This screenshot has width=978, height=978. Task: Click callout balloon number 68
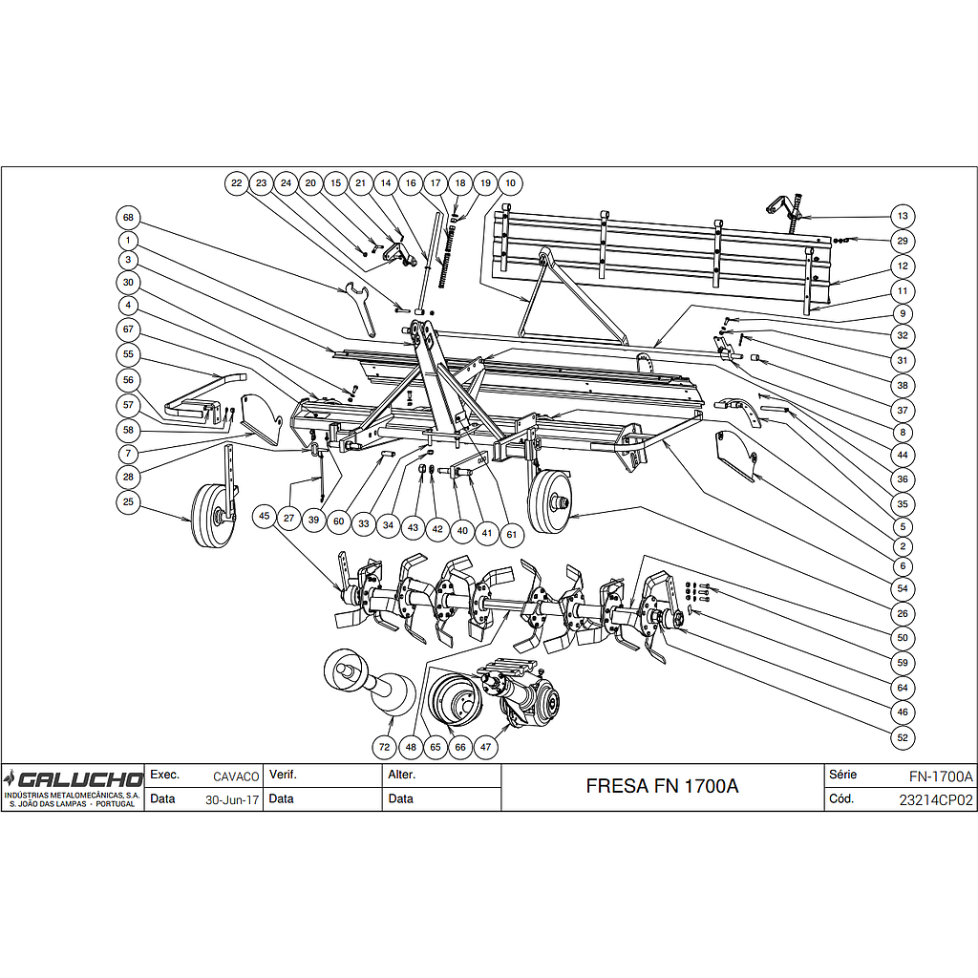129,218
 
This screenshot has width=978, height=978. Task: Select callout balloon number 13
903,217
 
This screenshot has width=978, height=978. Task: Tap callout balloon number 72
384,747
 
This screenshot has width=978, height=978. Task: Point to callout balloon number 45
265,517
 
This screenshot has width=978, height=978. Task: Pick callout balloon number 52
903,738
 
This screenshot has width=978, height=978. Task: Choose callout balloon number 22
237,183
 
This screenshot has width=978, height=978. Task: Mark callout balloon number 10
510,183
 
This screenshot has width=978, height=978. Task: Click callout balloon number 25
129,502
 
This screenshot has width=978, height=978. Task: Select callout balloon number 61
512,535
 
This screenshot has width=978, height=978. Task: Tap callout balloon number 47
486,747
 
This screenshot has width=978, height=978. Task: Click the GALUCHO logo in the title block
73,779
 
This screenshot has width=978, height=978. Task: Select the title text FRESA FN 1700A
663,786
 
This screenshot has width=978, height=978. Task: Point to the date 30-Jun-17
232,800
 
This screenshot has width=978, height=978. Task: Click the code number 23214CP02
936,800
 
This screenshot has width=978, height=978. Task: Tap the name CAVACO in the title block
236,776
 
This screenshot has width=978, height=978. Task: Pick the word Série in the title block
842,775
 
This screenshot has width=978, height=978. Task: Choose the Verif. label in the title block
283,775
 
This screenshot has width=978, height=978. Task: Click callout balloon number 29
903,242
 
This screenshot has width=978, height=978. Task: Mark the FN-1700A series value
941,776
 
